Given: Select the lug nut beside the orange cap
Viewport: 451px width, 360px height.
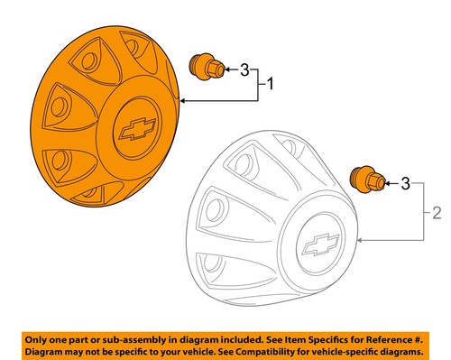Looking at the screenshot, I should [x=204, y=69].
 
